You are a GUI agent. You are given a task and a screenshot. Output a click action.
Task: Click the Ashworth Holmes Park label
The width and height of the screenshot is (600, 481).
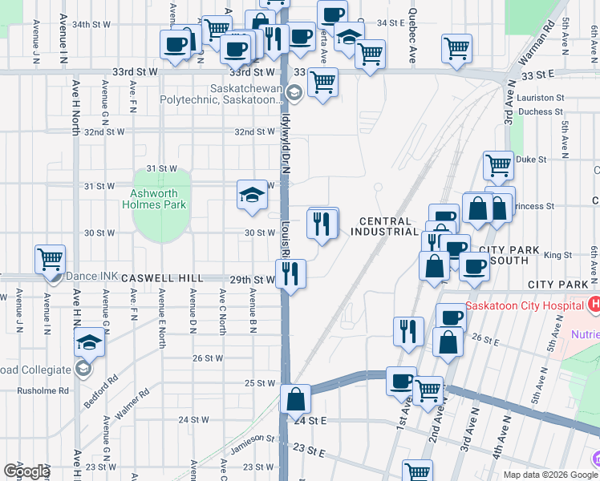click(x=159, y=199)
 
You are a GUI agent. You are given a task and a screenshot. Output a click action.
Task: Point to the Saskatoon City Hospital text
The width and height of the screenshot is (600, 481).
click(x=525, y=305)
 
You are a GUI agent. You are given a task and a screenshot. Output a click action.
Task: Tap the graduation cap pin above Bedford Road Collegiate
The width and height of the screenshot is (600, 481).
click(x=89, y=345)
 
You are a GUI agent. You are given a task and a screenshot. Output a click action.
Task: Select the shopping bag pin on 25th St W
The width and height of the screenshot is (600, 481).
click(x=296, y=398)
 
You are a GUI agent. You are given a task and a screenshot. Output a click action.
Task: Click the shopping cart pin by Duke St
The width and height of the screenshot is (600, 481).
click(x=498, y=166)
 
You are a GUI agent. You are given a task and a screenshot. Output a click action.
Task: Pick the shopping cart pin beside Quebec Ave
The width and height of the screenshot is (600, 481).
click(x=456, y=48)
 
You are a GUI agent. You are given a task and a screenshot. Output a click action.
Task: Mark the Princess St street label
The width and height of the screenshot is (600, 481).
click(x=534, y=206)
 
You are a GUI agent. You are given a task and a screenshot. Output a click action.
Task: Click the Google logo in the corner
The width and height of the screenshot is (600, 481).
click(x=26, y=471)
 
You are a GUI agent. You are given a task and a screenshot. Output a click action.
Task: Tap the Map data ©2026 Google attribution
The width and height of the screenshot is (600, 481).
click(x=549, y=475)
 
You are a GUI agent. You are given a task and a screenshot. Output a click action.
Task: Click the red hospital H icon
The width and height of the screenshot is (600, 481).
click(x=594, y=305)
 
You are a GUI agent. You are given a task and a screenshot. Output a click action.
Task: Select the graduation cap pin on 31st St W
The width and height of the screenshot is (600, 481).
click(x=252, y=196)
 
